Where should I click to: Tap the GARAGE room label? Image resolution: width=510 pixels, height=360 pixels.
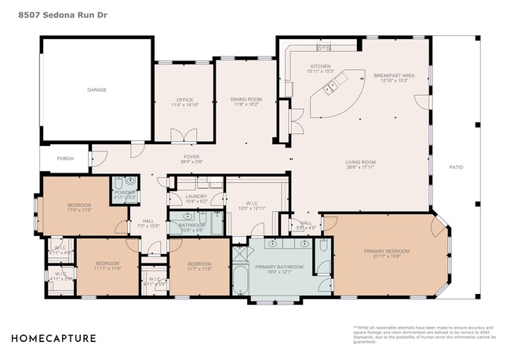(x=97, y=90)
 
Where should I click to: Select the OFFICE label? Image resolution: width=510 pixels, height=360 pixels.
(x=184, y=100)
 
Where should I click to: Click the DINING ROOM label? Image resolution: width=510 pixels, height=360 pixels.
(x=246, y=99)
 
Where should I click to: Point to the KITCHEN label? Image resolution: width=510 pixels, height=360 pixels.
(x=322, y=66)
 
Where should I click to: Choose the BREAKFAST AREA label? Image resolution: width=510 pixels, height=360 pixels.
(x=394, y=75)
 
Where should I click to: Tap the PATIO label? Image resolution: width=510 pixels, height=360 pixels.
(x=455, y=167)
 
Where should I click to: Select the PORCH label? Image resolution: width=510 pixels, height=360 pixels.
(x=65, y=158)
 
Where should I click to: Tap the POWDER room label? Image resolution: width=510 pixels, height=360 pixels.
(x=126, y=192)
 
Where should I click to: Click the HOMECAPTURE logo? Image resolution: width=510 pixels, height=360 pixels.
(x=53, y=339)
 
